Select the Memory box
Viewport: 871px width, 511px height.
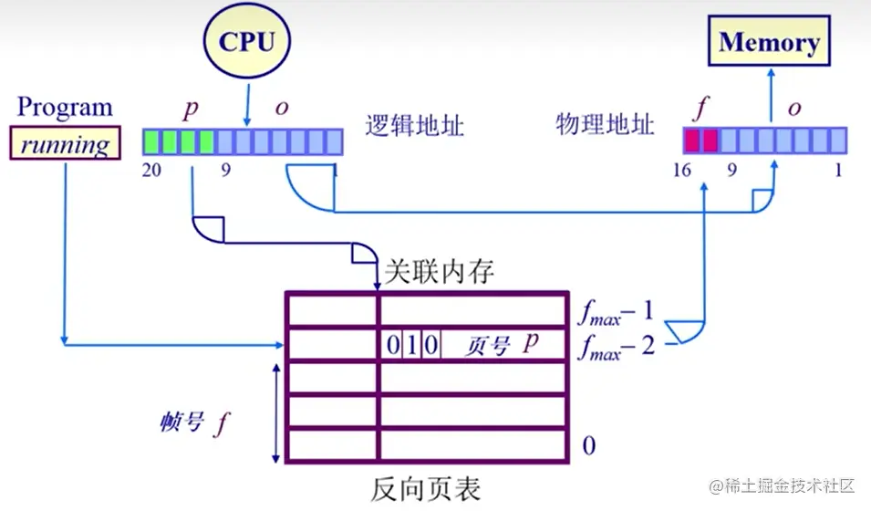click(x=769, y=42)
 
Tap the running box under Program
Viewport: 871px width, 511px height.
click(x=65, y=144)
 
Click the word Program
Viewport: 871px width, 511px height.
click(x=65, y=107)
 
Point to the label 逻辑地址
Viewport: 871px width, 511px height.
click(x=415, y=125)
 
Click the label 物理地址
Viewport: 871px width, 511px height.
click(x=605, y=125)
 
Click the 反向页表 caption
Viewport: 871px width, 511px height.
click(x=425, y=488)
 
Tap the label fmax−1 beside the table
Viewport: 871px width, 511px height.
click(x=617, y=312)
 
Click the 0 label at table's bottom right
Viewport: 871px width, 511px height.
click(x=589, y=445)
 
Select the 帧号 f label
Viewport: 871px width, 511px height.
click(x=192, y=422)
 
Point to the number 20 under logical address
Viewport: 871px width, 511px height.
click(x=152, y=170)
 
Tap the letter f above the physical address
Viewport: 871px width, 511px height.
click(x=700, y=107)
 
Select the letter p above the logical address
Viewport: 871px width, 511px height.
click(x=191, y=108)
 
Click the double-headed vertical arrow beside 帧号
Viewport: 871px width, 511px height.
click(x=275, y=412)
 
